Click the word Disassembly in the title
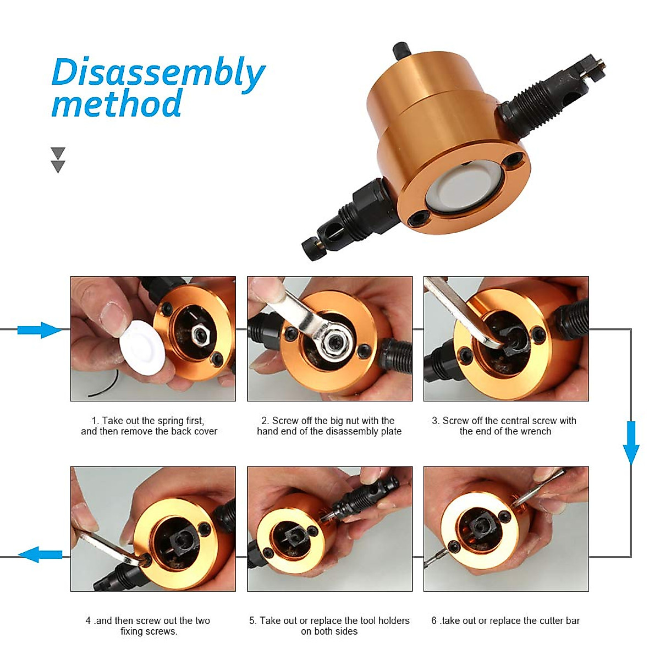(x=158, y=73)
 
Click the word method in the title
(x=117, y=105)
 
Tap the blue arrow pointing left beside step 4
(x=41, y=554)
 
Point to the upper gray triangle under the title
(x=58, y=153)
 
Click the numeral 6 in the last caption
(x=434, y=621)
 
